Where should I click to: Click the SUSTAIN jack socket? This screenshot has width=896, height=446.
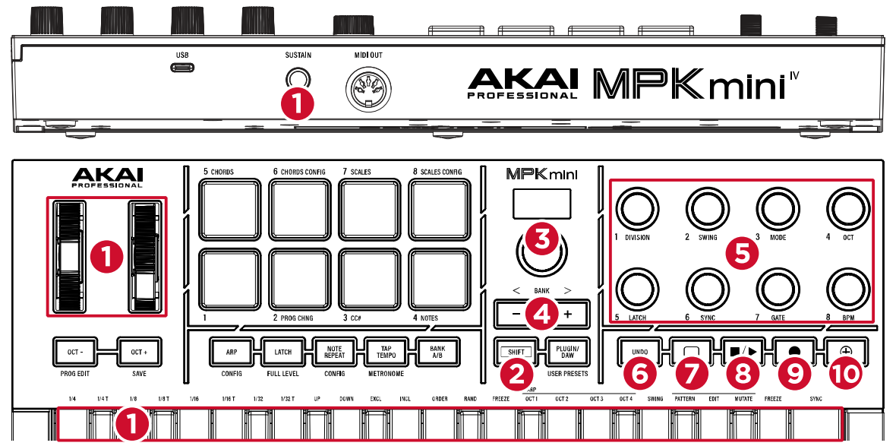297,79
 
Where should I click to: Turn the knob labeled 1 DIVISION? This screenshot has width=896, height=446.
636,207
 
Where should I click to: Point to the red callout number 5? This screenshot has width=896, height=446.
742,252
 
